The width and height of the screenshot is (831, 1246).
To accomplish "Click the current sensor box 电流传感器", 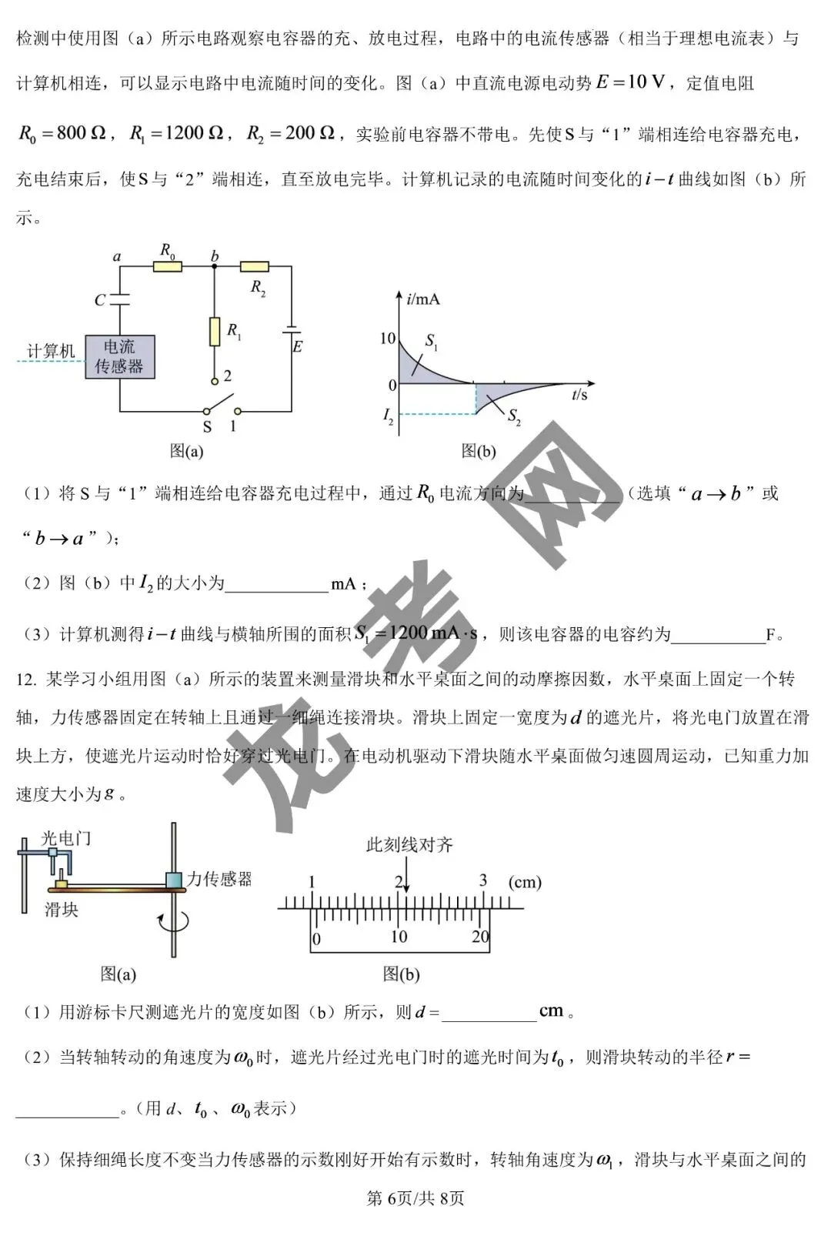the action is (x=119, y=356).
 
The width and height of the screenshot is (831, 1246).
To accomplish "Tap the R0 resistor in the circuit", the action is (x=168, y=266).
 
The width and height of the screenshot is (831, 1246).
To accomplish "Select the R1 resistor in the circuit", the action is (x=215, y=332).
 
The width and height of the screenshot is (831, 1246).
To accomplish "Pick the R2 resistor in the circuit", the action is (x=254, y=266).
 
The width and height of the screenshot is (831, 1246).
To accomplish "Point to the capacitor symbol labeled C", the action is (x=119, y=299).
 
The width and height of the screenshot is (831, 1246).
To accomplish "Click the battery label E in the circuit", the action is (x=298, y=347).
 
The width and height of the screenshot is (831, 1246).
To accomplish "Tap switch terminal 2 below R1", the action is (x=215, y=381).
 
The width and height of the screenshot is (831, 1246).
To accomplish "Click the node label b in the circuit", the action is (x=215, y=256).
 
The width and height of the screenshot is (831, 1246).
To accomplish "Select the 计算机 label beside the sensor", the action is (x=51, y=351).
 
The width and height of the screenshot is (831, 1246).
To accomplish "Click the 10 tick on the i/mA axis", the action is (x=388, y=338).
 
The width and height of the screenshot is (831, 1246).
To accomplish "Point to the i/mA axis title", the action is (x=422, y=299).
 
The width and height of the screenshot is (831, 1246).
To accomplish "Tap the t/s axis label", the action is (x=579, y=394).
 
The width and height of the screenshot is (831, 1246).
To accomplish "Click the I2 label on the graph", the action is (x=388, y=415).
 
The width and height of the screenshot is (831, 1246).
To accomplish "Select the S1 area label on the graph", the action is (x=432, y=341).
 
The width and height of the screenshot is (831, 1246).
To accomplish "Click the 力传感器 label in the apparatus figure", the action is (x=219, y=879).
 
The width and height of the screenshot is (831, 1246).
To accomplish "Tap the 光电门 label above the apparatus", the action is (x=65, y=838).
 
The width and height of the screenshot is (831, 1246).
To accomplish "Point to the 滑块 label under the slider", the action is (x=62, y=910).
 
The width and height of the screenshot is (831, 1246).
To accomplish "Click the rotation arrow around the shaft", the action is (x=174, y=922).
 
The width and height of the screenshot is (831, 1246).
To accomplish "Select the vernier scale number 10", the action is (x=399, y=937).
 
